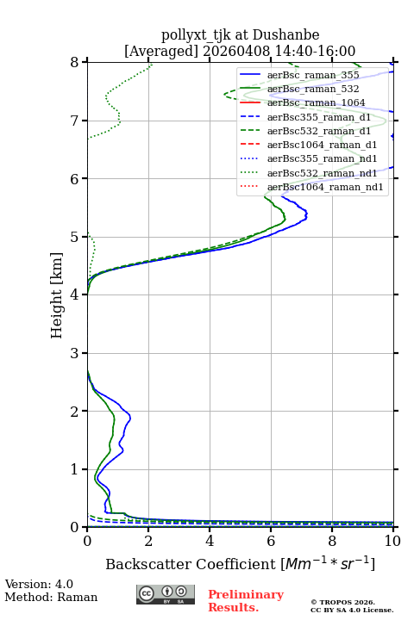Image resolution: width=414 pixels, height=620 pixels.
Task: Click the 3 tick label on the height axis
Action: pos(75,353)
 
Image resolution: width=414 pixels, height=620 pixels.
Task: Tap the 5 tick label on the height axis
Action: pos(75,237)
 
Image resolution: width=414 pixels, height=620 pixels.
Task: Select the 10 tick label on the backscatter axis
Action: pos(392,541)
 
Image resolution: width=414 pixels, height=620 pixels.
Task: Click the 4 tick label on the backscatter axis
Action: pos(210,541)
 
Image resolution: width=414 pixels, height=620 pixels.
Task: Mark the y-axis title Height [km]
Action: pos(57,295)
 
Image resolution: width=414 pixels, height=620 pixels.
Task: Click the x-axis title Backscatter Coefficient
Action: pos(191,564)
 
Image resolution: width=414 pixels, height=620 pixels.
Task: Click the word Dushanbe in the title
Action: pos(286,35)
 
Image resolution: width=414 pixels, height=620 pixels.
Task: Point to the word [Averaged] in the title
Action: pos(161,51)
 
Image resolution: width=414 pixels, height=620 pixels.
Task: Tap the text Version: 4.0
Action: pos(39,584)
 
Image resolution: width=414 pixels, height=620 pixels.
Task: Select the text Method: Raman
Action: pos(51,597)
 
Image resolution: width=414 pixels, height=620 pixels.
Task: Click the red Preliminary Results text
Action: pos(246,601)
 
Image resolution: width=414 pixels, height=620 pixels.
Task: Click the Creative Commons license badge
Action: pos(166,594)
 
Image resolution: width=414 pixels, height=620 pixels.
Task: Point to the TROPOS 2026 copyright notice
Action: pos(343,602)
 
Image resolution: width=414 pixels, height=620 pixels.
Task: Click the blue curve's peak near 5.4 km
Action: pos(307,215)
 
